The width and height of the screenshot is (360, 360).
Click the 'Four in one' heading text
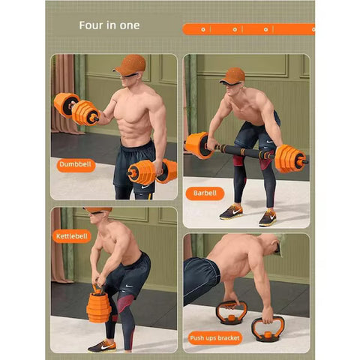point(109,25)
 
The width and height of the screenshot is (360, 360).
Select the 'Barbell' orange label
point(204,193)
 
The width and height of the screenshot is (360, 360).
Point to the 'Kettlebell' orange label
point(72,235)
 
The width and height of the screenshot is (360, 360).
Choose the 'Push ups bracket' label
point(214,337)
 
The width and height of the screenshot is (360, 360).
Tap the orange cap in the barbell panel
point(232,74)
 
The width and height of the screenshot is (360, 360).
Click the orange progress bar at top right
point(248,29)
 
